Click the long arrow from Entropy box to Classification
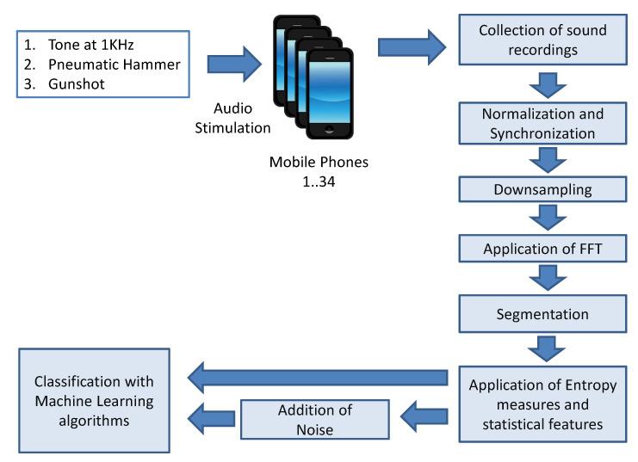319,374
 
